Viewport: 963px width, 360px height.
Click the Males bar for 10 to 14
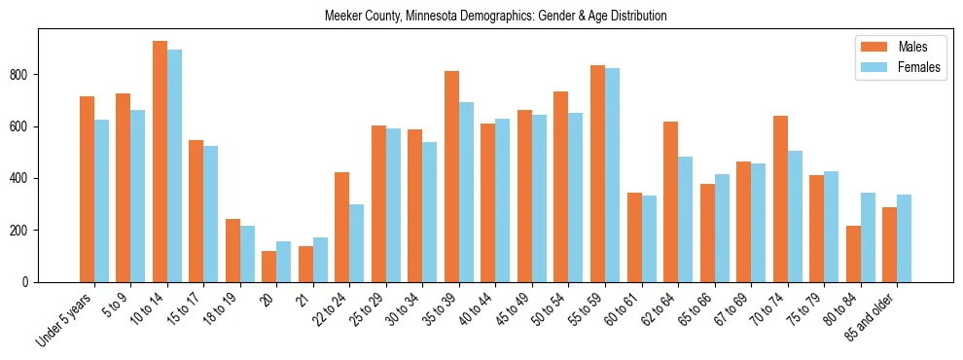point(160,162)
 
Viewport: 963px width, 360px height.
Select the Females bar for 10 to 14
point(174,165)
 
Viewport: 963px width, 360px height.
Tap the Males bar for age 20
point(269,267)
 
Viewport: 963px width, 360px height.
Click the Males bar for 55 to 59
point(597,173)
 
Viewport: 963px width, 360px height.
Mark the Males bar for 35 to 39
point(451,176)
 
